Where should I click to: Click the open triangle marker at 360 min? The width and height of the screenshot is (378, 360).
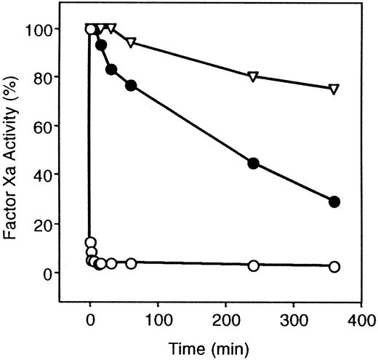[x=334, y=89]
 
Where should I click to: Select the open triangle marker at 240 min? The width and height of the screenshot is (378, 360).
[x=253, y=76]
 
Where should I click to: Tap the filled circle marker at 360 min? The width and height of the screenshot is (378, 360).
[x=334, y=202]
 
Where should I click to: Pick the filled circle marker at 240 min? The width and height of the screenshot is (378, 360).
[x=253, y=163]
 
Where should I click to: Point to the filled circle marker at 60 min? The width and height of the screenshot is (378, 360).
[x=131, y=86]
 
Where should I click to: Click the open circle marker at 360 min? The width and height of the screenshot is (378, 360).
[x=334, y=267]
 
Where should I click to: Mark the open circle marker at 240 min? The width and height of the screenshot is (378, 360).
[x=253, y=265]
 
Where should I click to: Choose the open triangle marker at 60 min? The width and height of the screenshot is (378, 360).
[x=131, y=43]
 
